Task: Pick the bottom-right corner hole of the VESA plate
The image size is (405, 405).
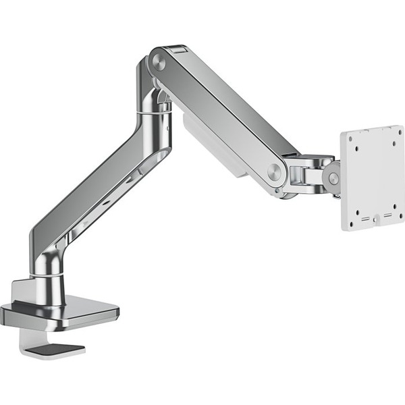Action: [396, 207]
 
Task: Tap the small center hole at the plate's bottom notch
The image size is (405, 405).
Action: [376, 217]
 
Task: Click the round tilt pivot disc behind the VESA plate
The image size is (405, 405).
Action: [331, 178]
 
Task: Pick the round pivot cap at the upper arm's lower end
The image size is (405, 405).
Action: [275, 171]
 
